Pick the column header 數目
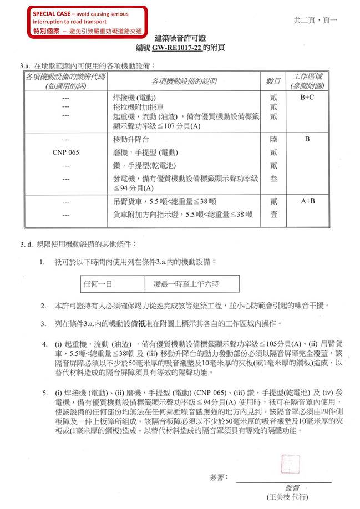point(273,82)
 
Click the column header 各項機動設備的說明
point(185,82)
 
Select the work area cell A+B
point(307,202)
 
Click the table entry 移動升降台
point(131,140)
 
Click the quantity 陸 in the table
point(273,140)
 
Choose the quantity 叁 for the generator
point(273,179)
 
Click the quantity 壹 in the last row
point(273,214)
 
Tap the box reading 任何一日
point(98,284)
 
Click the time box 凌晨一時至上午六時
point(186,284)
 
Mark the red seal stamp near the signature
point(290,464)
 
